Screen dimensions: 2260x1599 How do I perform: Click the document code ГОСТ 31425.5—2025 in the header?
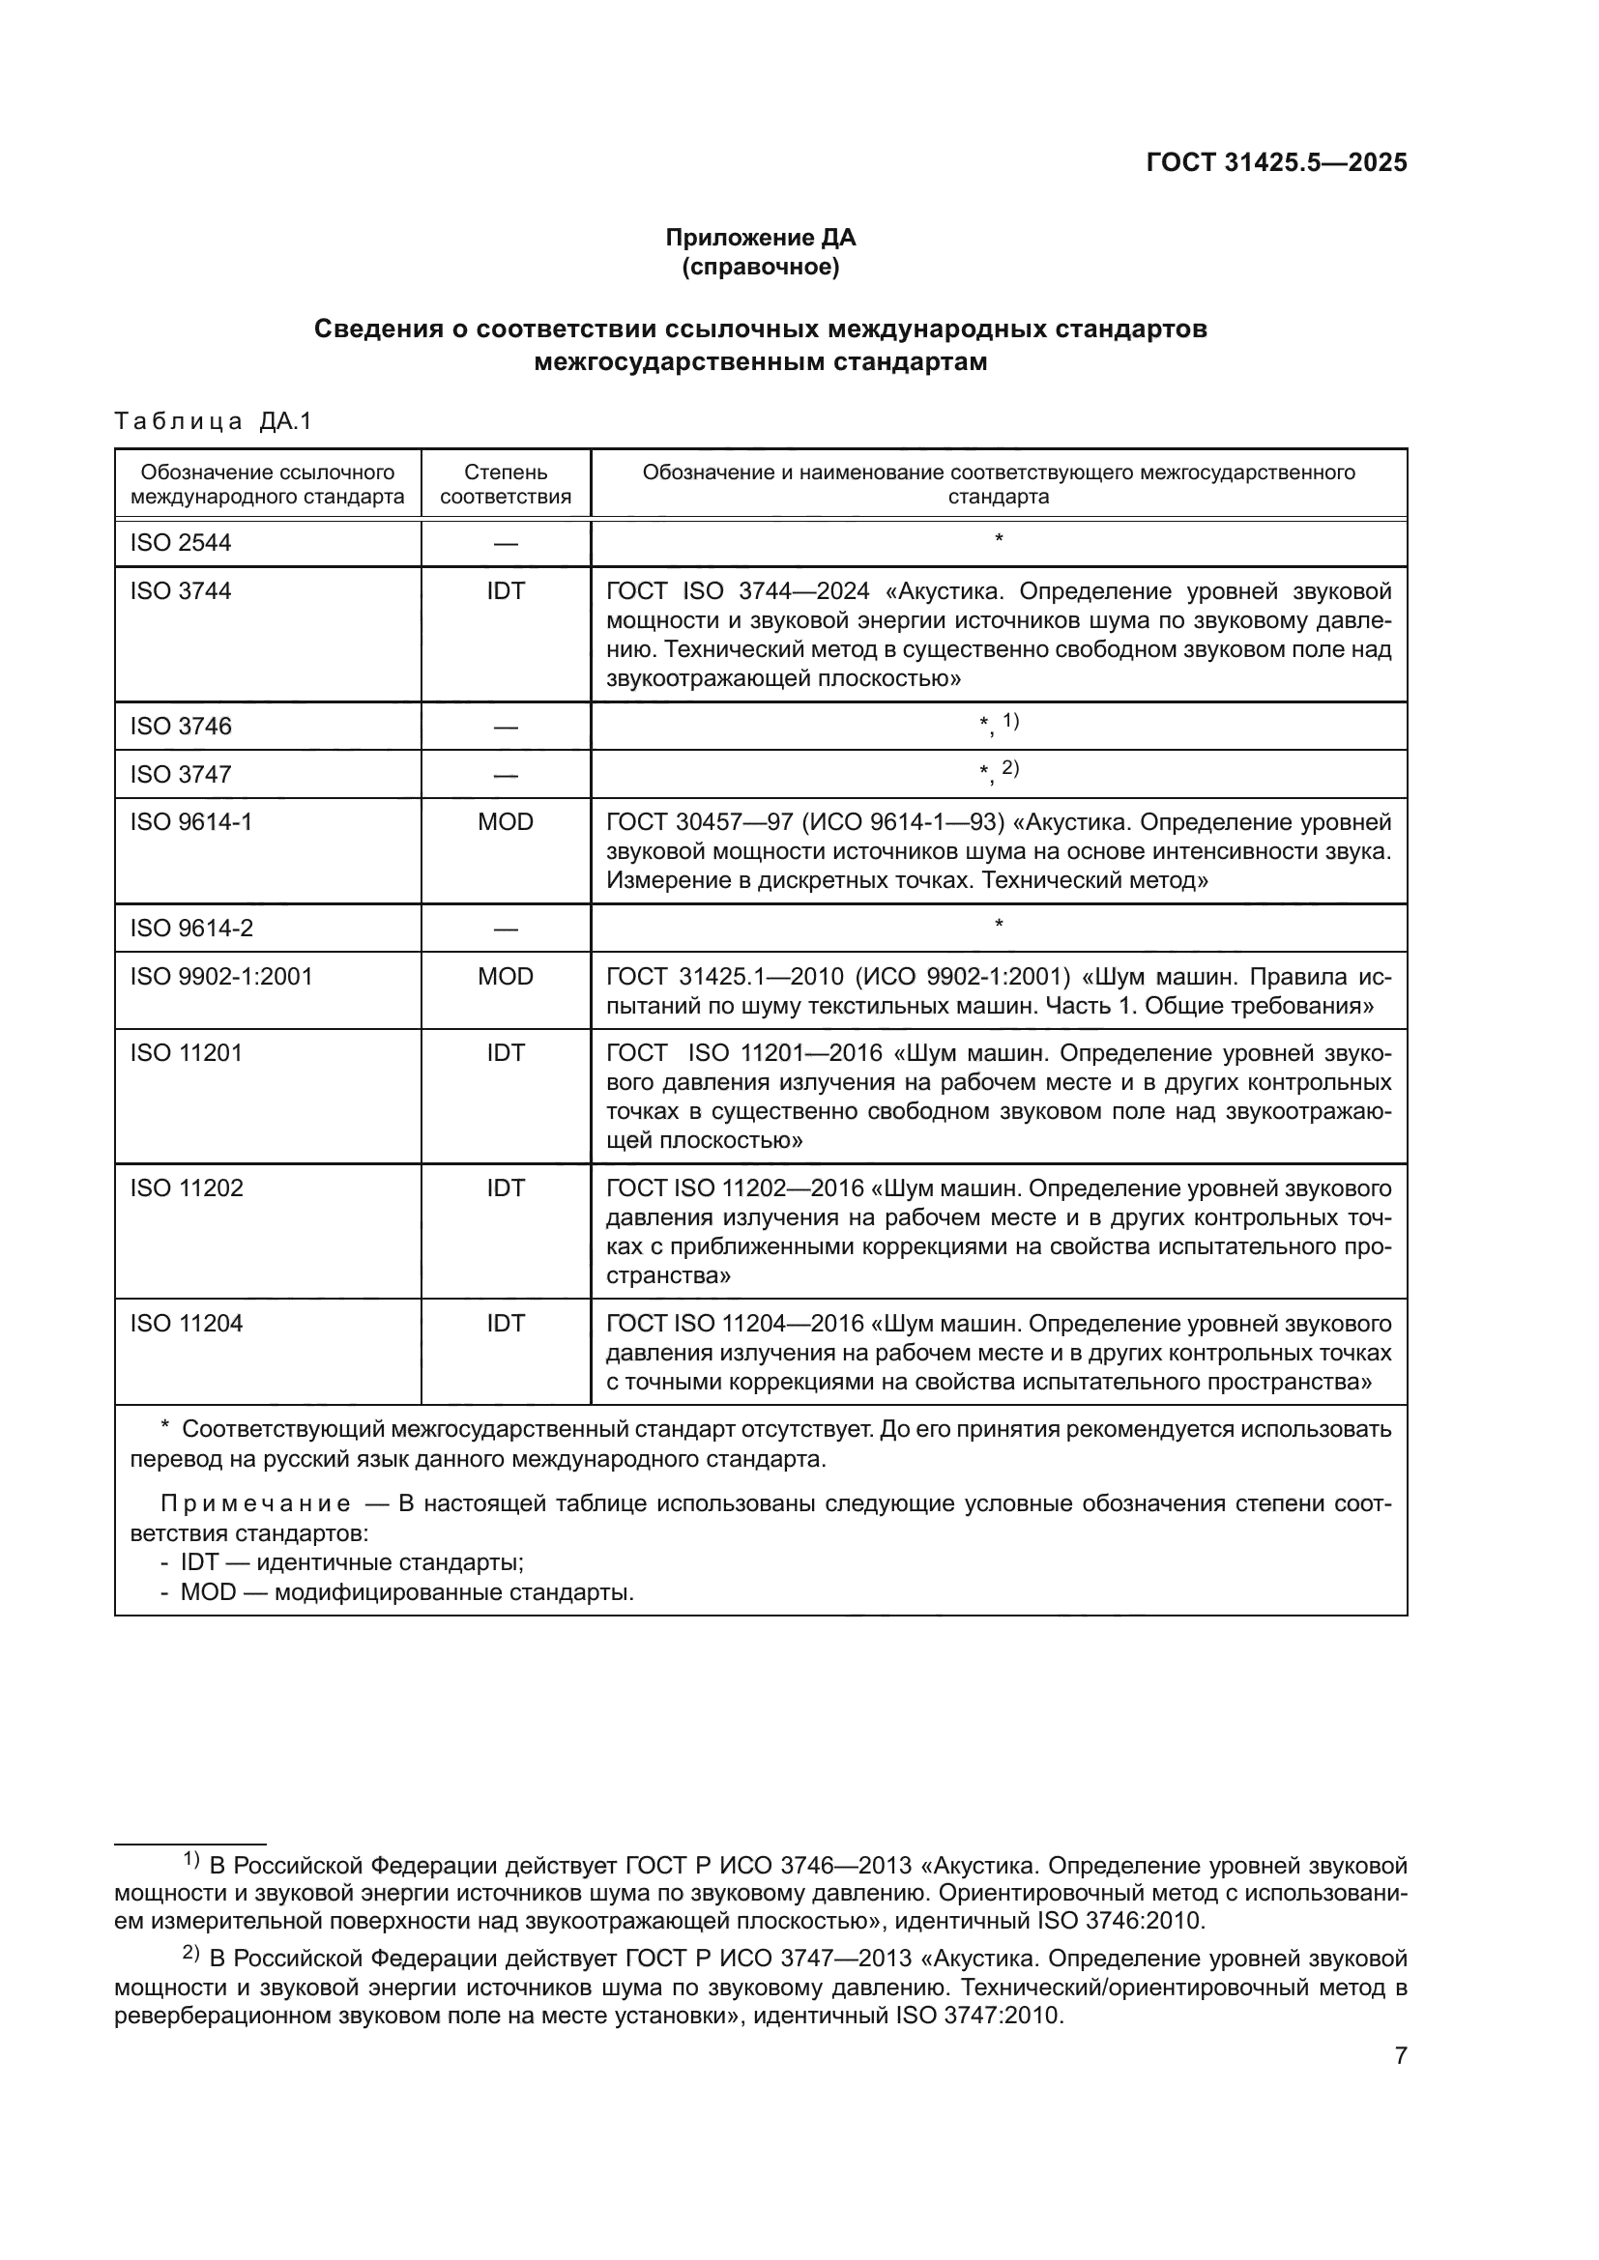(x=1276, y=162)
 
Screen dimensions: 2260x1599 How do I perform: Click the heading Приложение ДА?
(x=760, y=238)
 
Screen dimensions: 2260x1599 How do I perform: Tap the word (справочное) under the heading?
(x=760, y=267)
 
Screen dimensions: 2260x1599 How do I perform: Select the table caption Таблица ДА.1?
(x=213, y=421)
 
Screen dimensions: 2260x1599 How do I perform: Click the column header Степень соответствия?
(x=505, y=483)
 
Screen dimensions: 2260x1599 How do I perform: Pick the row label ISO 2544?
(x=180, y=542)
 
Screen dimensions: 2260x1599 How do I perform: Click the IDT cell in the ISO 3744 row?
(x=505, y=590)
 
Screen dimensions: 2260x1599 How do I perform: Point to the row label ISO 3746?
(x=180, y=726)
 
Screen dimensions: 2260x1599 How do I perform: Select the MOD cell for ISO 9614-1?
(x=505, y=821)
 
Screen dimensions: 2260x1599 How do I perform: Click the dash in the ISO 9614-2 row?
(x=505, y=929)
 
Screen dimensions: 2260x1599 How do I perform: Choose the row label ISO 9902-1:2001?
(x=220, y=977)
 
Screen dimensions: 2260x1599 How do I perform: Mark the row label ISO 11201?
(x=185, y=1052)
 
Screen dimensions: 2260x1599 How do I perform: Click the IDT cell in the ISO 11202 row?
(x=505, y=1188)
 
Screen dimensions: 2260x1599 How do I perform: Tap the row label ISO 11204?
(x=185, y=1323)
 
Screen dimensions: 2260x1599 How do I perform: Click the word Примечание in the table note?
(x=255, y=1504)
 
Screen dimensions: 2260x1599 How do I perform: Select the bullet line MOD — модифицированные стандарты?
(x=406, y=1591)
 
